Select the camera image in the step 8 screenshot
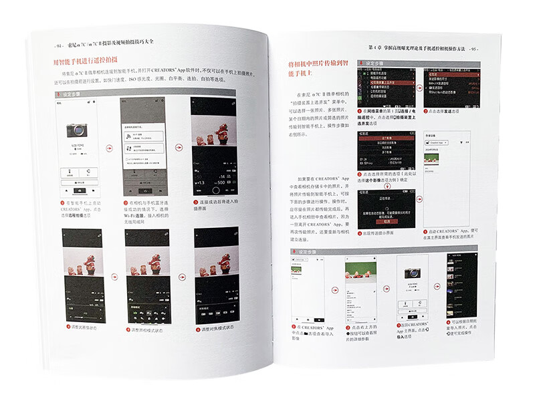(x=413, y=279)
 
